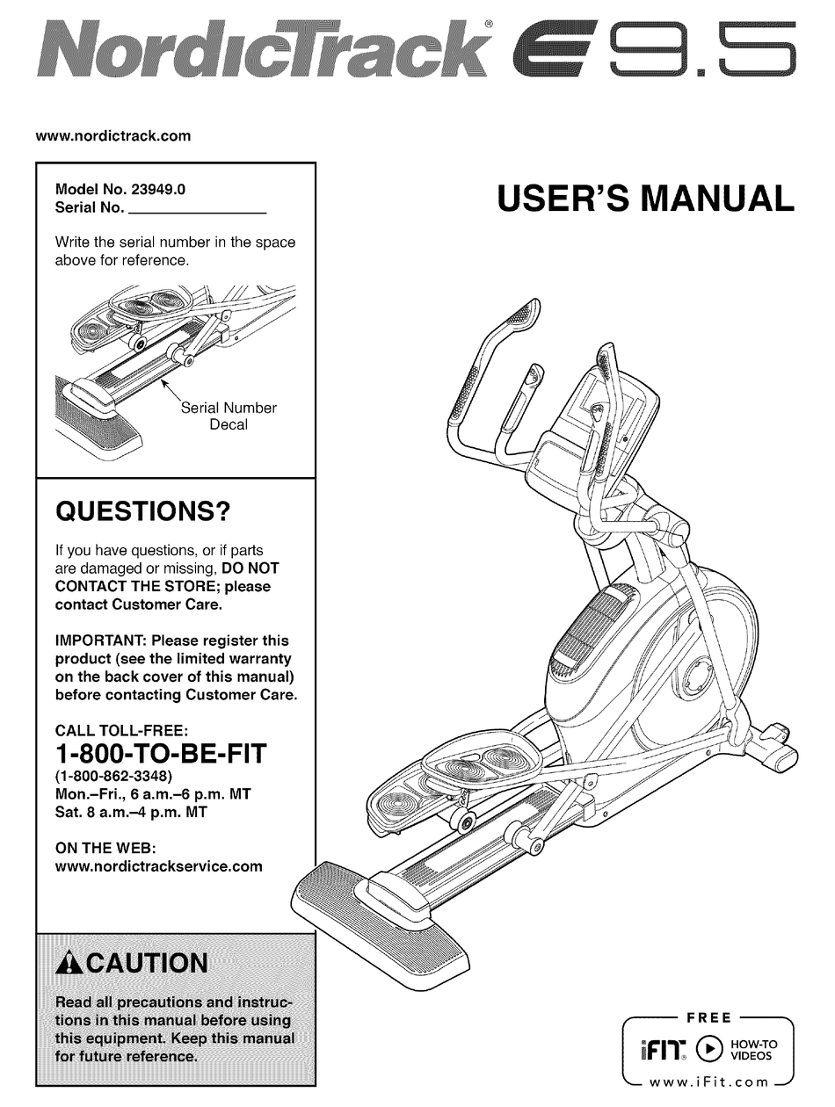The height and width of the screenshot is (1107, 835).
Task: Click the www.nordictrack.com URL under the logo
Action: [x=113, y=136]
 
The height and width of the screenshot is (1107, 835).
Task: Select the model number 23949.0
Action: [x=159, y=188]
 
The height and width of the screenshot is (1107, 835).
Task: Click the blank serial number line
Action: [x=197, y=209]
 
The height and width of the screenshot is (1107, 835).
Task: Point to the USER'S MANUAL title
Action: [x=645, y=199]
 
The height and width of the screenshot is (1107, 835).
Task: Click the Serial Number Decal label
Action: [x=228, y=416]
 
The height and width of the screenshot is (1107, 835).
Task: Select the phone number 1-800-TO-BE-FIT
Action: [x=160, y=754]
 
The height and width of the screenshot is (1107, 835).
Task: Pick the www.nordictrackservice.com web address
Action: [x=159, y=865]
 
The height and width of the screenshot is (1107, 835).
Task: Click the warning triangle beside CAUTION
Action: [x=68, y=963]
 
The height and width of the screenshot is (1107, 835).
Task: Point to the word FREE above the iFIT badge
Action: [x=708, y=1018]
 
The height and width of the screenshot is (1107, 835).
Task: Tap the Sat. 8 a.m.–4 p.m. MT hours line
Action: [x=131, y=813]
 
